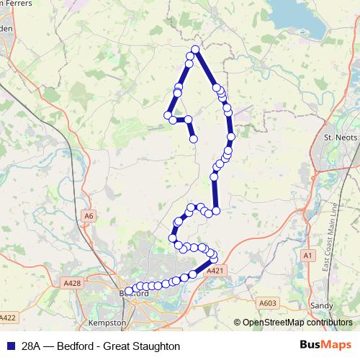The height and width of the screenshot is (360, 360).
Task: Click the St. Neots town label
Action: (336, 137)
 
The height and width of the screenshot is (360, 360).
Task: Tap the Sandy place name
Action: (320, 305)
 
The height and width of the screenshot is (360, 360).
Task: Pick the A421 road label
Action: (215, 271)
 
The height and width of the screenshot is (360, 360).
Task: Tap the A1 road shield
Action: (308, 256)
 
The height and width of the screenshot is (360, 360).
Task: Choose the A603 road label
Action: (267, 303)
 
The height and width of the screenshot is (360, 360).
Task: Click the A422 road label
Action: (7, 317)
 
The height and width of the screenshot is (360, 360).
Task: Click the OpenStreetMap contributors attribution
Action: (298, 323)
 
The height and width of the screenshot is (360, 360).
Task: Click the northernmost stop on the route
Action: (194, 50)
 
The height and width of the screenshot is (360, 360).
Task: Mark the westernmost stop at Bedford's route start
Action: (129, 292)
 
